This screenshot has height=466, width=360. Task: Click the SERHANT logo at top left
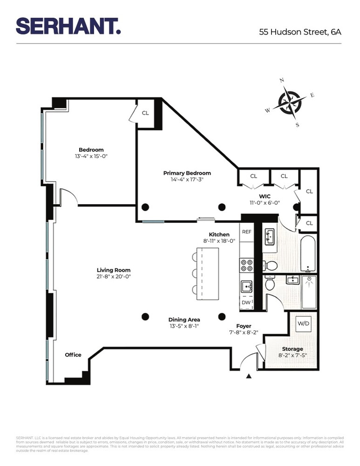click(x=68, y=26)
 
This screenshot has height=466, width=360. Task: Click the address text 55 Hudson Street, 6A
click(x=300, y=32)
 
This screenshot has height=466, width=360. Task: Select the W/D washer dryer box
click(x=304, y=323)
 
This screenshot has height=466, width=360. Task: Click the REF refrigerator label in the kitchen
click(x=246, y=232)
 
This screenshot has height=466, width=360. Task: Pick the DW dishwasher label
click(x=246, y=302)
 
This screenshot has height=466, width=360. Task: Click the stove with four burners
click(x=246, y=266)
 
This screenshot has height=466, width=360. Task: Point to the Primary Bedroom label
click(x=187, y=173)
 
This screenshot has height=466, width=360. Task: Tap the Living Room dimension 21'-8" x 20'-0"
click(x=114, y=276)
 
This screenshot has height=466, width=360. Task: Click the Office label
click(x=73, y=355)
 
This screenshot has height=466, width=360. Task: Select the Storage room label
click(x=292, y=349)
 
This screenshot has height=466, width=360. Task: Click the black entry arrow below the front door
click(x=249, y=376)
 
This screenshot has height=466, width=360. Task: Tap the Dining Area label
click(x=184, y=320)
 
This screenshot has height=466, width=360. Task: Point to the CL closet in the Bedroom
click(x=145, y=113)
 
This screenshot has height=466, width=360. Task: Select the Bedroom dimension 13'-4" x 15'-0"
click(x=91, y=156)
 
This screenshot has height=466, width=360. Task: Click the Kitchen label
click(x=219, y=234)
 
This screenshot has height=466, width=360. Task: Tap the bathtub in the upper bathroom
click(x=309, y=254)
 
